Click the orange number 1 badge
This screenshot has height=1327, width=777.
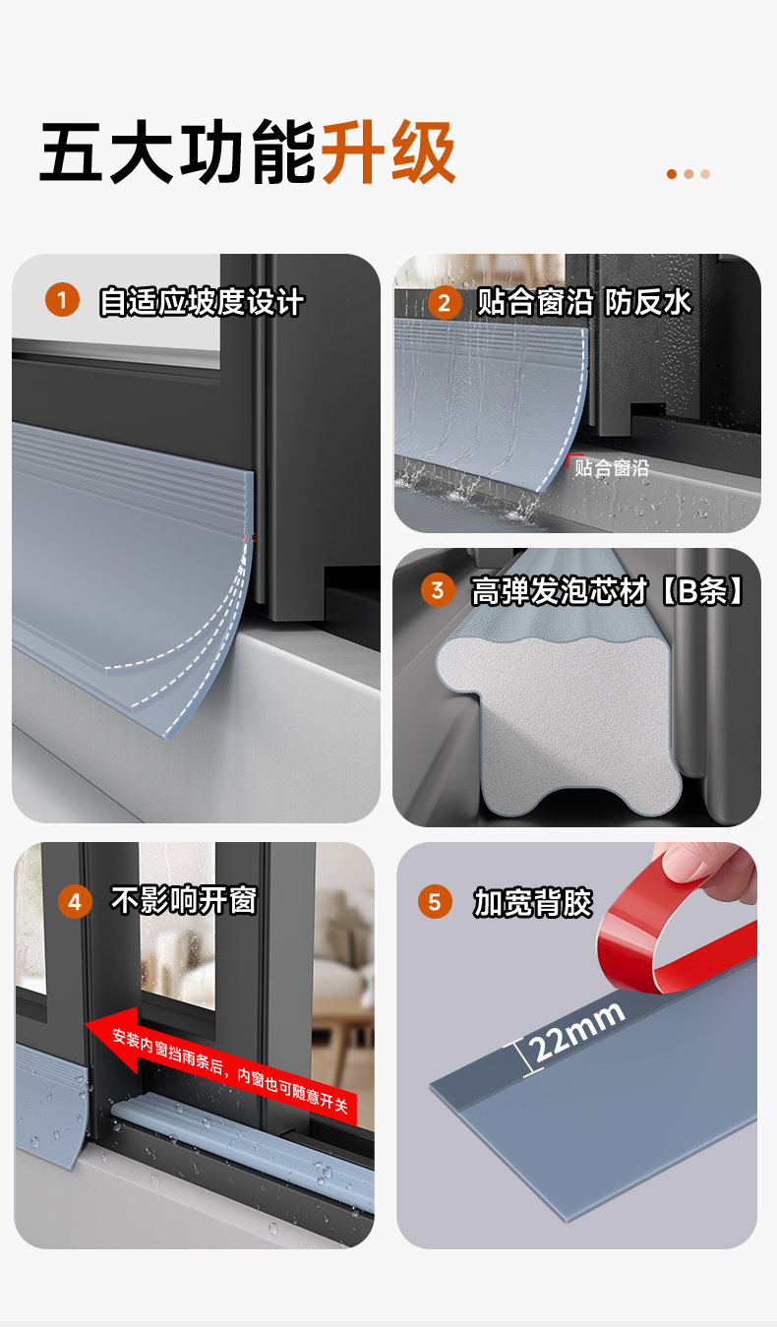(62, 300)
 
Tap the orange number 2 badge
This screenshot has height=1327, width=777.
(445, 303)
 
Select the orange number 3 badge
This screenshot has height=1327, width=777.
(438, 590)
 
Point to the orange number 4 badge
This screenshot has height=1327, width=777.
(75, 902)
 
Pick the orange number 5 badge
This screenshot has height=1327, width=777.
(435, 902)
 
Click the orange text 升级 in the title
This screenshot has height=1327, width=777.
(388, 151)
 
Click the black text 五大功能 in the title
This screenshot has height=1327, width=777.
(178, 151)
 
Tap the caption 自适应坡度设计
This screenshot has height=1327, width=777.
(202, 302)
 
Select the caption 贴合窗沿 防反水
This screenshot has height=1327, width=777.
(584, 302)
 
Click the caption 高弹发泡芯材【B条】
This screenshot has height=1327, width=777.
(607, 590)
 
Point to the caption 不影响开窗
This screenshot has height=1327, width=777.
(184, 900)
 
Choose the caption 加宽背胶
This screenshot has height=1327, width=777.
(532, 902)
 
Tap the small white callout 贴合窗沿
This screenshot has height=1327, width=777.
(612, 468)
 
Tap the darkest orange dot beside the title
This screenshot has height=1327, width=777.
(672, 173)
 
